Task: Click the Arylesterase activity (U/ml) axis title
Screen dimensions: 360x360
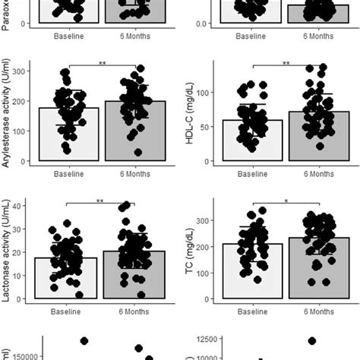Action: pyautogui.click(x=7, y=112)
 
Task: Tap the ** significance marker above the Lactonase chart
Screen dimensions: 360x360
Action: pyautogui.click(x=100, y=201)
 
